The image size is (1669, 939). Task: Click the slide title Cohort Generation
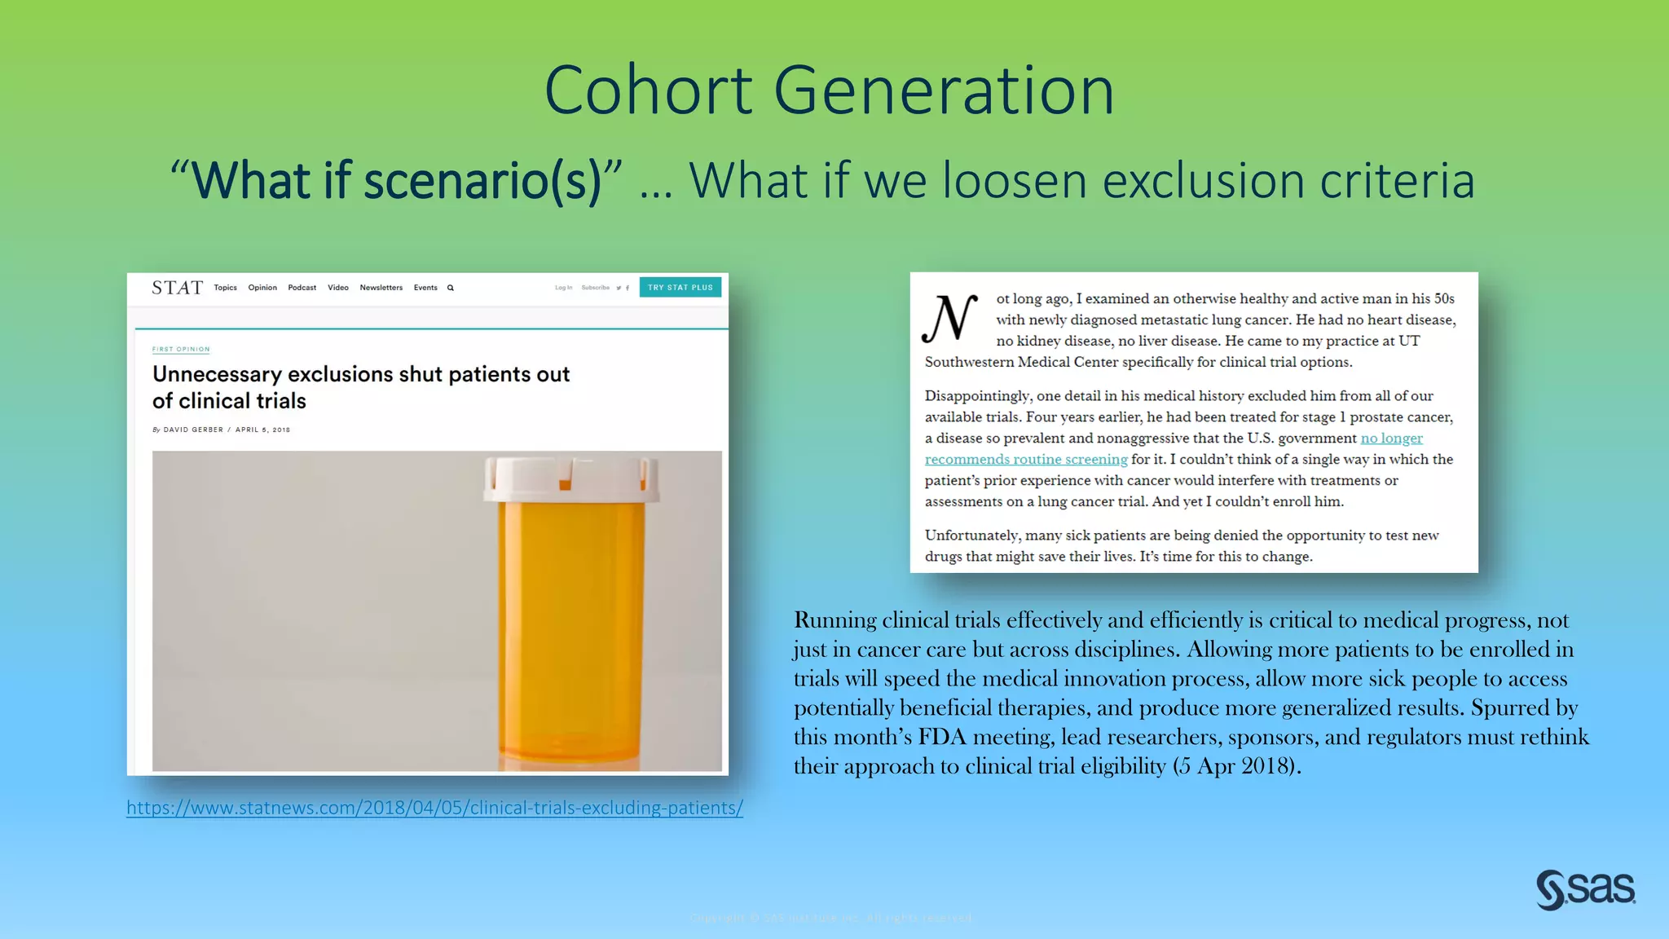[x=829, y=90]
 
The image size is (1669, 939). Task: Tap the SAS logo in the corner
[x=1585, y=888]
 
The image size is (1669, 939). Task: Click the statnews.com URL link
[x=434, y=808]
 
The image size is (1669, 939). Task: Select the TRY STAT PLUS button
[x=680, y=288]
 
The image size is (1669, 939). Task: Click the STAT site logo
[x=177, y=288]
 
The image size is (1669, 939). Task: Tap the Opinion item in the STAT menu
[x=262, y=288]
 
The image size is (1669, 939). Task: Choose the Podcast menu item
[x=302, y=288]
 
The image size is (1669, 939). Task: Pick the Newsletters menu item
[x=381, y=288]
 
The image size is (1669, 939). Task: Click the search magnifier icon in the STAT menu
[x=451, y=288]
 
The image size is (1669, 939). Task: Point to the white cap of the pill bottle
[x=570, y=478]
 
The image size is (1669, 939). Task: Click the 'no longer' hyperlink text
[x=1391, y=439]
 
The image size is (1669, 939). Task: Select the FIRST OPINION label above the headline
[x=181, y=349]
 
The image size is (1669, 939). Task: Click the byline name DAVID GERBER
[x=193, y=430]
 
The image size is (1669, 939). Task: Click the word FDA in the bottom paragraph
[x=941, y=737]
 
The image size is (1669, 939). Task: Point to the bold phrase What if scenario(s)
[x=396, y=180]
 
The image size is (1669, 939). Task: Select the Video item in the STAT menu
[x=337, y=288]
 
